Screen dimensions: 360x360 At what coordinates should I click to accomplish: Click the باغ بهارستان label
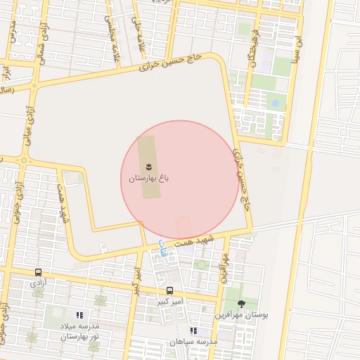[149, 179]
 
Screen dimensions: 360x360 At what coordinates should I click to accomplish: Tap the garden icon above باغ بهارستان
[149, 167]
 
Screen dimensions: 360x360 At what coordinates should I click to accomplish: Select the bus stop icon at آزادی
[38, 272]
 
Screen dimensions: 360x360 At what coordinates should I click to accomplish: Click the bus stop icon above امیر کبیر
[169, 290]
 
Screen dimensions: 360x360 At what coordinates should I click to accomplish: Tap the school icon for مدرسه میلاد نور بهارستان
[79, 316]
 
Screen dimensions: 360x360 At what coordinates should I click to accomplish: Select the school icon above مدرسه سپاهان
[193, 330]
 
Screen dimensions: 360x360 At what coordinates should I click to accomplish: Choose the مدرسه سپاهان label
[193, 342]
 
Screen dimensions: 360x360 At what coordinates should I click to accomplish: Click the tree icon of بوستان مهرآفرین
[242, 304]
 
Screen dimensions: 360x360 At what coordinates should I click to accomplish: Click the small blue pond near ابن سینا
[276, 103]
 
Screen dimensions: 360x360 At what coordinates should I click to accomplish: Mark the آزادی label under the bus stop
[38, 282]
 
